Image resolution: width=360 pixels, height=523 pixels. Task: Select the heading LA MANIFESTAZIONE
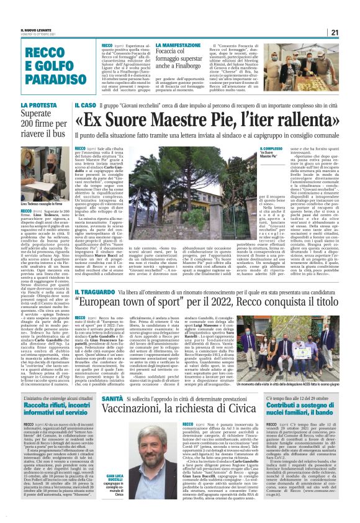[x=181, y=45]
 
